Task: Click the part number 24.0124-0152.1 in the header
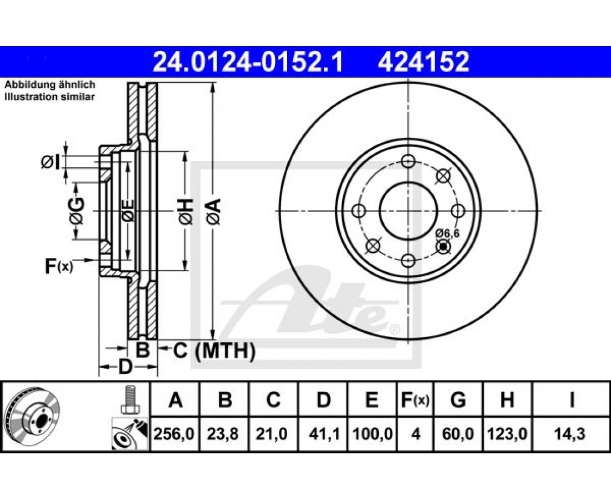(247, 62)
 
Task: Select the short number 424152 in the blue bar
(423, 62)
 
